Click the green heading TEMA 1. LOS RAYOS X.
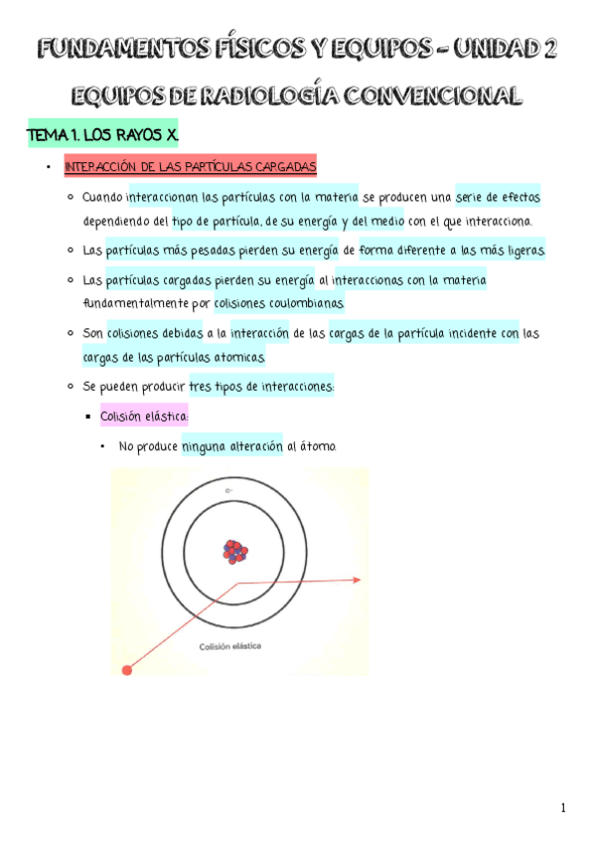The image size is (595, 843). point(103,134)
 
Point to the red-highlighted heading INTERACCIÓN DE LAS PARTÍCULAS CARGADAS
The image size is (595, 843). point(190,166)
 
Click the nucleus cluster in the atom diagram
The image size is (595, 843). point(235,551)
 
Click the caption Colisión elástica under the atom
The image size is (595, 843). point(230,645)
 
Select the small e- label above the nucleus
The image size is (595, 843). point(228,491)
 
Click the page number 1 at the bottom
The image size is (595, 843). point(562,808)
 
